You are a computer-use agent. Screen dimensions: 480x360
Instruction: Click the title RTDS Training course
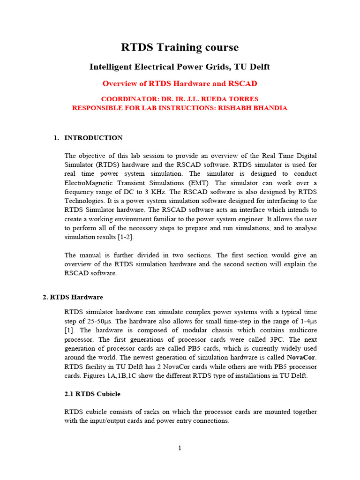[x=180, y=47]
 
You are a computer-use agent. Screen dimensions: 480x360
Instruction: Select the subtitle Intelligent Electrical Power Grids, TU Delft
[x=180, y=67]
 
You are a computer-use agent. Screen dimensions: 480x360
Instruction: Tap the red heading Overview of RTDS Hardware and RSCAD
[x=180, y=83]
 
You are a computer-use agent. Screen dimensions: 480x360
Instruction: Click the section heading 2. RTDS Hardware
[x=73, y=297]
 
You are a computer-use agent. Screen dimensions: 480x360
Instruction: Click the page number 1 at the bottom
[x=180, y=448]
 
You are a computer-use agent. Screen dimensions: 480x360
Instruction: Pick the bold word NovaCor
[x=301, y=357]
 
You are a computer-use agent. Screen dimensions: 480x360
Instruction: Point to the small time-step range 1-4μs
[x=306, y=322]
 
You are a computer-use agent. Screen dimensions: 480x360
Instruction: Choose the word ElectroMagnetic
[x=88, y=183]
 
